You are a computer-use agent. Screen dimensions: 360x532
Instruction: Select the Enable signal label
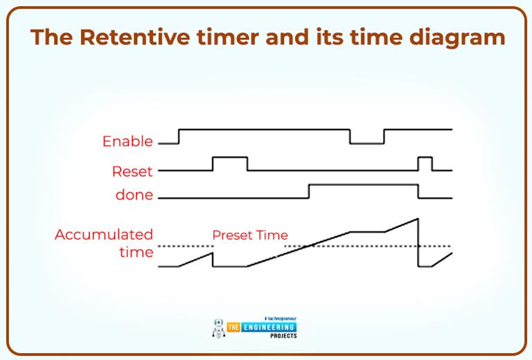(127, 141)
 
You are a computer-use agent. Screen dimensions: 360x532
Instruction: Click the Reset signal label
(132, 171)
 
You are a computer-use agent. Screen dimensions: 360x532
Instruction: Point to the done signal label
(134, 195)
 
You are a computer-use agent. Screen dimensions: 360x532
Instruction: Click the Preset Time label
(249, 235)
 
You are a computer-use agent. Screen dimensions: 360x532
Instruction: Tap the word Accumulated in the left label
(104, 235)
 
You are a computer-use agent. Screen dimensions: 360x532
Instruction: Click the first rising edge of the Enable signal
(179, 136)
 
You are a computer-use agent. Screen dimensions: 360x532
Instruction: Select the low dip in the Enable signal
(366, 143)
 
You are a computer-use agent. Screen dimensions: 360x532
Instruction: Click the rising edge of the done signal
(309, 192)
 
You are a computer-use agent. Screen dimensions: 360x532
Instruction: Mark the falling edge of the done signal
(418, 192)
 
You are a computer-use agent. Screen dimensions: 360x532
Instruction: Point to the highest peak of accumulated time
(418, 219)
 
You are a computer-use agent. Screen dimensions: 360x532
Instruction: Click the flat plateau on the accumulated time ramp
(367, 232)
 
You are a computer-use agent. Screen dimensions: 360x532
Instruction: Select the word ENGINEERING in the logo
(267, 327)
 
